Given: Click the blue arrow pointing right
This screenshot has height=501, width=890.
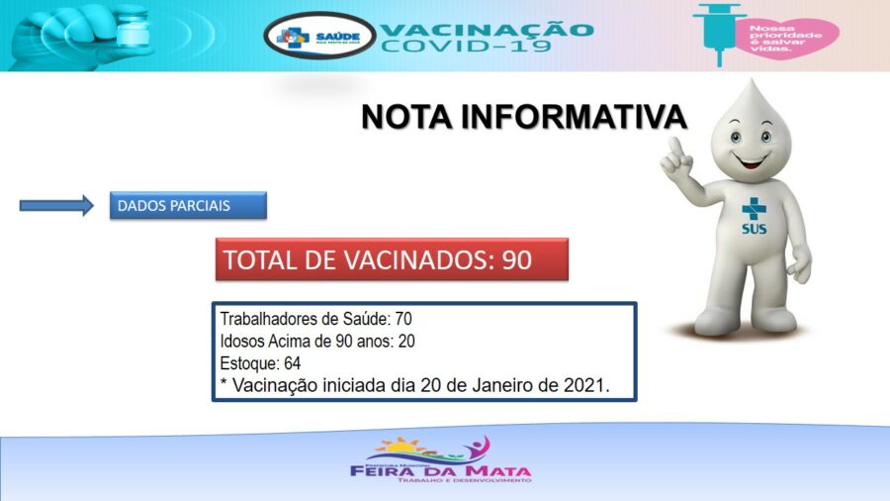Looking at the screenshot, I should [56, 205].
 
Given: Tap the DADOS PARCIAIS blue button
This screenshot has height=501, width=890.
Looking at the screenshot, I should [188, 205].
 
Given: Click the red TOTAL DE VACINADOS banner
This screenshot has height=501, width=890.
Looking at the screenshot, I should [392, 259].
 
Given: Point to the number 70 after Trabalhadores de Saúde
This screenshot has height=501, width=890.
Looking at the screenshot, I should [403, 319].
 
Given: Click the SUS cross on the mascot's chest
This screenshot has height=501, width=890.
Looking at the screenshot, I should [755, 209].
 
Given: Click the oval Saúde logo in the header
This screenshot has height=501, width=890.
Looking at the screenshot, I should [319, 36].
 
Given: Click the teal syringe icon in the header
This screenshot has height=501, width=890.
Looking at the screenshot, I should [719, 32].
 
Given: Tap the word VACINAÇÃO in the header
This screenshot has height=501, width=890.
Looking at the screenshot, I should [488, 28].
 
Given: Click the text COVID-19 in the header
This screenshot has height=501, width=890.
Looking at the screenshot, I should [466, 47].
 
